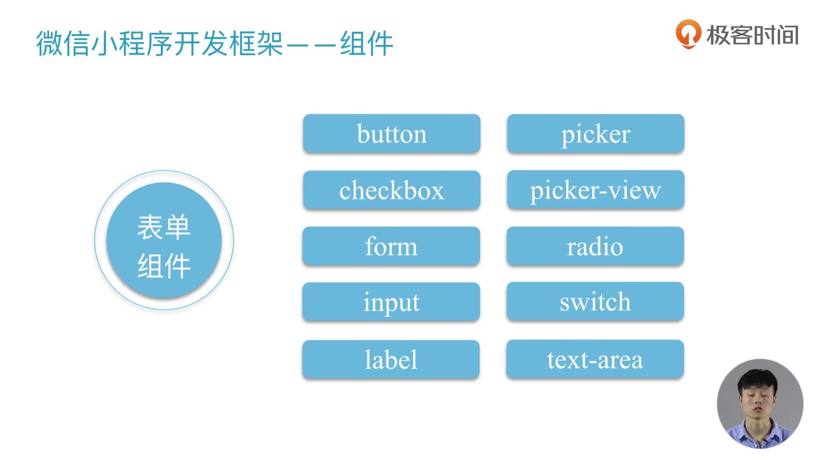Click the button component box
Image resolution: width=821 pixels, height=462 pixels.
click(391, 133)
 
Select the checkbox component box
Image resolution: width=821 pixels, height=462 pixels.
click(391, 190)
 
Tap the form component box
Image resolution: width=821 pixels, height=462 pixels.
click(391, 246)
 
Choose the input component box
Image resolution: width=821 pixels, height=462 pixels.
click(391, 302)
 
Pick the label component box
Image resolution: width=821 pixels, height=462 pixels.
click(390, 359)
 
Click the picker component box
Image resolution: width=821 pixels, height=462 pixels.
click(595, 133)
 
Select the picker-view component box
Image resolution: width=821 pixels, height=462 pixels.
click(595, 190)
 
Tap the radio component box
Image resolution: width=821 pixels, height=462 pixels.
click(595, 246)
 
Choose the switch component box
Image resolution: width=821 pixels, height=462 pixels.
click(595, 302)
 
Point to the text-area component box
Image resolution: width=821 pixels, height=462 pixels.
click(595, 359)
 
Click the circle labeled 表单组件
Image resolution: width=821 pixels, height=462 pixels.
click(164, 240)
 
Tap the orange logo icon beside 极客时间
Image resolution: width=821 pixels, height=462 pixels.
click(688, 34)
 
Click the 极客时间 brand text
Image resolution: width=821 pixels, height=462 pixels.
click(752, 35)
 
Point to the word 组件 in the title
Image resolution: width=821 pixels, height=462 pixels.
click(366, 43)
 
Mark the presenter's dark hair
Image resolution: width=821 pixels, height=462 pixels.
click(758, 379)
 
